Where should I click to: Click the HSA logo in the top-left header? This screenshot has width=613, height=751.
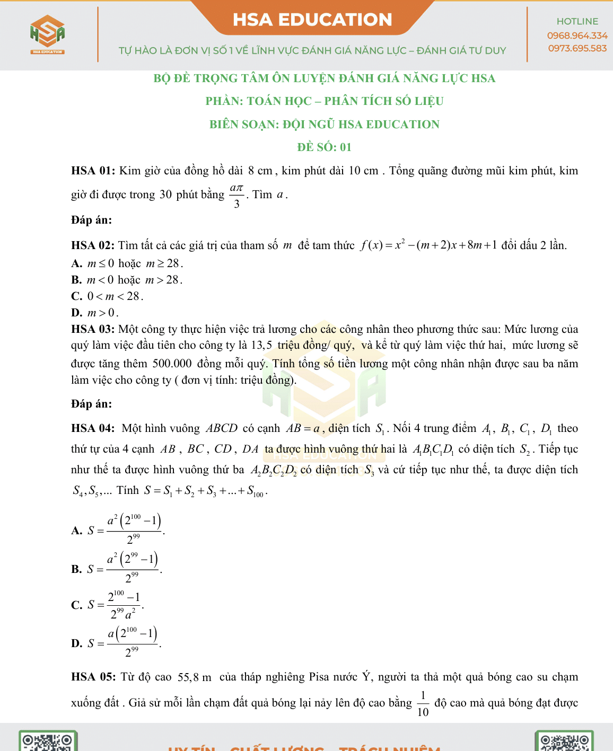[47, 34]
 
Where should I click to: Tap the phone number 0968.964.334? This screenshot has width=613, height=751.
[577, 36]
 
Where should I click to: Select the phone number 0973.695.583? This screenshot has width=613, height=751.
[577, 48]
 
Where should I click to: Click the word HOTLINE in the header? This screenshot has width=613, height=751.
[577, 21]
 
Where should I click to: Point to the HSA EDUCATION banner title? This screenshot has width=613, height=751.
[312, 20]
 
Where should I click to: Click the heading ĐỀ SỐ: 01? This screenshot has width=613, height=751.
[324, 147]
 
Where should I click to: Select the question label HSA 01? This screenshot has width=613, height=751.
[93, 171]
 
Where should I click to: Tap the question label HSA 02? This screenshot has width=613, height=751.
[93, 245]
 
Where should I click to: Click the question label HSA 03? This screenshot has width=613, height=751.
[93, 329]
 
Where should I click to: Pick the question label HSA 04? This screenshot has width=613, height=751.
[93, 428]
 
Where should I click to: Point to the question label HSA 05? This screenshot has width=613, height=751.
[93, 677]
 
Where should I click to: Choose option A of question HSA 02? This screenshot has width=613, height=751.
[127, 263]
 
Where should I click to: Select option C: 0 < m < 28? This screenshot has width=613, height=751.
[108, 296]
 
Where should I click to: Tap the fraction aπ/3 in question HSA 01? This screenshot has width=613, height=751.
[237, 196]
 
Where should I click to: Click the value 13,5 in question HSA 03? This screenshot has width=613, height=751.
[261, 346]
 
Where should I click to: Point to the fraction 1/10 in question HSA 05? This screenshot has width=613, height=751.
[423, 703]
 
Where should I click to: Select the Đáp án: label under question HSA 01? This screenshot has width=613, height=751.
[91, 220]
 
